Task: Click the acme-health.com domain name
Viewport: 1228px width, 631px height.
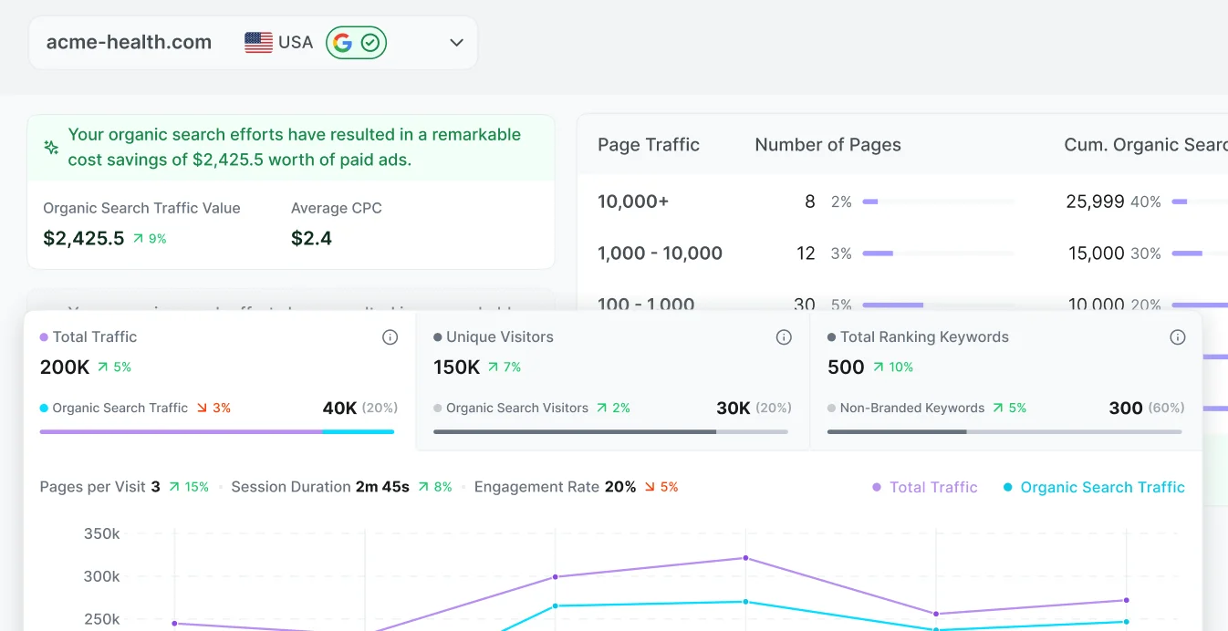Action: pos(129,43)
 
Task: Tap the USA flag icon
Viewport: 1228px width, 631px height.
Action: pos(258,43)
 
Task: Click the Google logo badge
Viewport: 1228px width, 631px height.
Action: pos(342,43)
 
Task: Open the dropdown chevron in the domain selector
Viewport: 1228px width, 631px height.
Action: pos(456,43)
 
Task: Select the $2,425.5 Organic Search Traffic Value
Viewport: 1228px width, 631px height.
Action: pos(84,239)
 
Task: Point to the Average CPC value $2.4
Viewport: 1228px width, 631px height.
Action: pos(311,239)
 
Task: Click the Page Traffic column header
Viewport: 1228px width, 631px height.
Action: pos(648,145)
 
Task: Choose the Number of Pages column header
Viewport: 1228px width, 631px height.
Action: pos(827,145)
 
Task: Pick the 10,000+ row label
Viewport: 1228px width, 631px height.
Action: pos(633,202)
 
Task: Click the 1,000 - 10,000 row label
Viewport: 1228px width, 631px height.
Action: pos(660,253)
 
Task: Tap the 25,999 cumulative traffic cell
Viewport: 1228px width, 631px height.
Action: pos(1095,202)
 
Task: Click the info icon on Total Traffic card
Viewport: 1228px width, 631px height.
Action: pos(390,337)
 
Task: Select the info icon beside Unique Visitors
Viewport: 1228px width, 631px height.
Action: pos(784,337)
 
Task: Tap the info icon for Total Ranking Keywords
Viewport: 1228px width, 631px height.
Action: pos(1178,337)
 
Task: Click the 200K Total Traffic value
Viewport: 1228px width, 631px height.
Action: pos(65,367)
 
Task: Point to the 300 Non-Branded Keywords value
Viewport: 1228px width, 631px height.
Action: pos(1125,409)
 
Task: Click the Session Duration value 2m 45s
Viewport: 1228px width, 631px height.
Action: pos(382,487)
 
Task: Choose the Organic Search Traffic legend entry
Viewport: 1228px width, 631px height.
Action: pos(1101,488)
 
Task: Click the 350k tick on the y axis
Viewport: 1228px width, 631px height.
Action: pos(101,533)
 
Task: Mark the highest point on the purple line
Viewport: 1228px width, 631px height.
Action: pos(745,558)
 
